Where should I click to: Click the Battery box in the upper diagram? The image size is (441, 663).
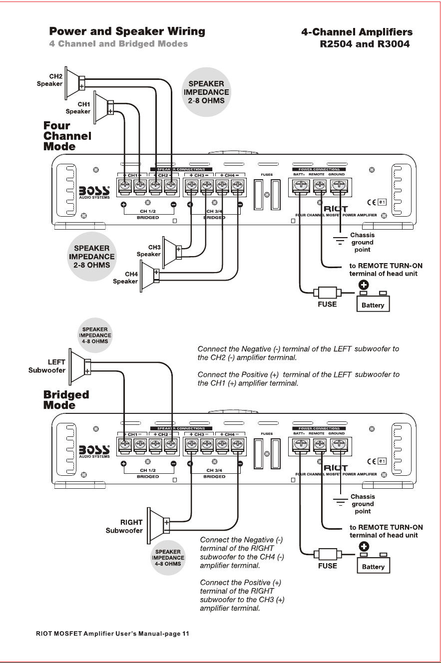(x=373, y=304)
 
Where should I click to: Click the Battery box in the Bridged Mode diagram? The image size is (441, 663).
(x=373, y=565)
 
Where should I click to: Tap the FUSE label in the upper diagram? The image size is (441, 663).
(x=327, y=304)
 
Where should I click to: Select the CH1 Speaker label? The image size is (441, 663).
(x=78, y=108)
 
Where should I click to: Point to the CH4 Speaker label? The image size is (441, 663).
(x=125, y=278)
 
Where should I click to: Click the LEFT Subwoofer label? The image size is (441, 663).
(x=47, y=366)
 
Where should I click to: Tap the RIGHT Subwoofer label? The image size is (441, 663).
(x=124, y=526)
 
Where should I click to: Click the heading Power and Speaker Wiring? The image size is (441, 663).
(x=127, y=31)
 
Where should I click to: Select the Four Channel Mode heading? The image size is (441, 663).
(x=67, y=136)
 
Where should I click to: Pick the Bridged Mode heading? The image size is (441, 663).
(x=66, y=399)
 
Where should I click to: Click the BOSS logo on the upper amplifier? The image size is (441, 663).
(x=94, y=192)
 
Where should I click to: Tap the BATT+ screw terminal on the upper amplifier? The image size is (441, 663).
(x=301, y=186)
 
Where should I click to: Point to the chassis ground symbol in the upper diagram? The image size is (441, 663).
(x=340, y=240)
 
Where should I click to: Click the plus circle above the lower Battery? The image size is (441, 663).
(x=364, y=546)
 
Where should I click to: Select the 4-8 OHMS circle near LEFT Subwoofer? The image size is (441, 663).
(x=95, y=335)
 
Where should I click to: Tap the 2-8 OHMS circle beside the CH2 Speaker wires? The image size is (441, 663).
(x=206, y=92)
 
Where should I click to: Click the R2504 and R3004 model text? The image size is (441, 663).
(x=365, y=44)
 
